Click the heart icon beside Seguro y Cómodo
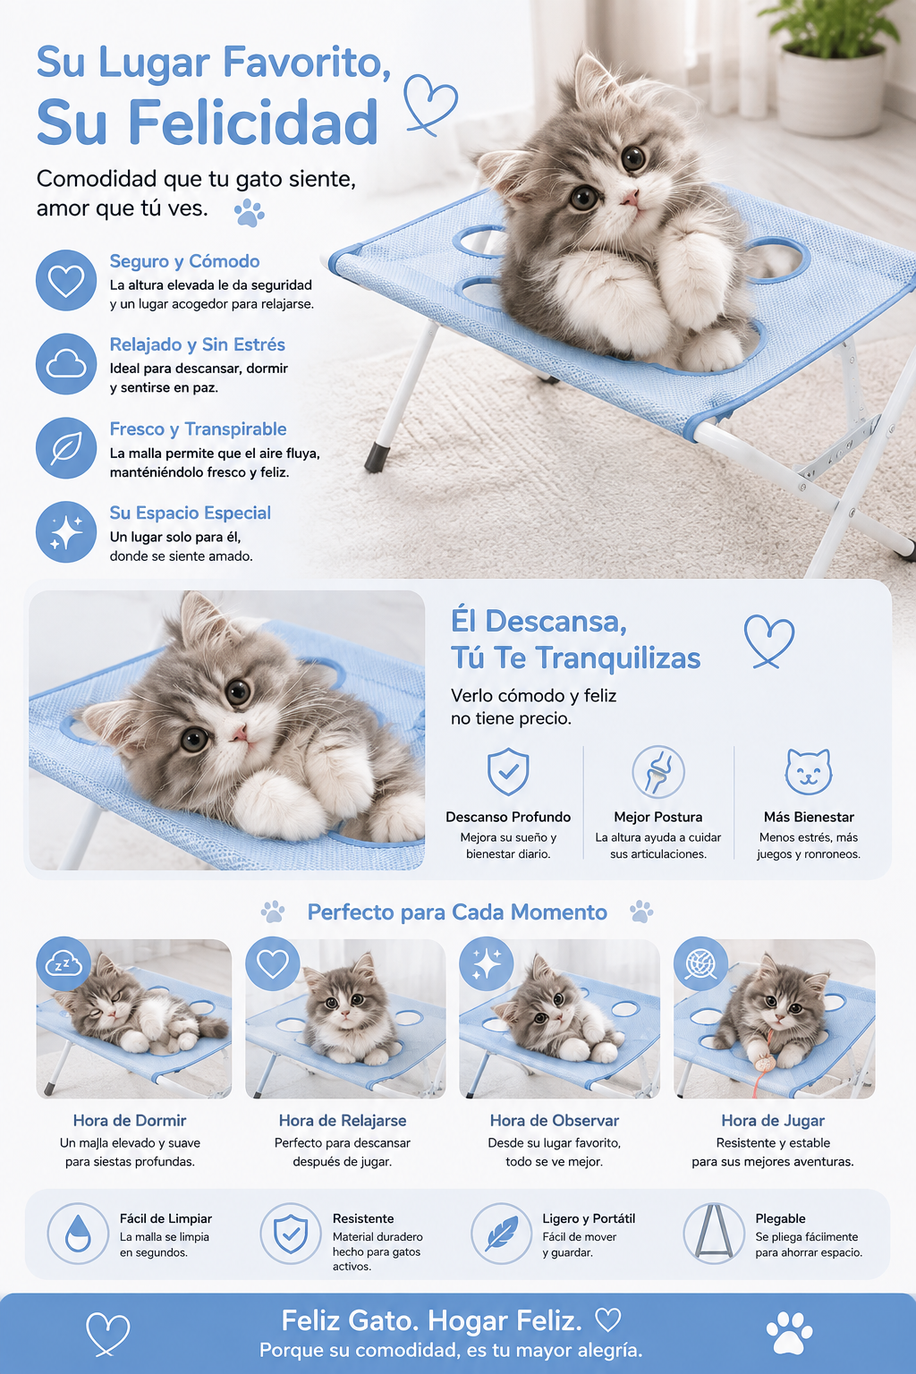point(66,280)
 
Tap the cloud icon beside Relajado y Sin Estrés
point(66,364)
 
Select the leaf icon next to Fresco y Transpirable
point(66,448)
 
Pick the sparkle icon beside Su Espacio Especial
point(66,532)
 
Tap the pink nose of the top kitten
point(630,198)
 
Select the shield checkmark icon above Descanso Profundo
point(508,771)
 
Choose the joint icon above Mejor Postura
point(658,771)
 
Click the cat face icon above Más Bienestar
point(809,771)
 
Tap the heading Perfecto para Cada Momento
point(457,912)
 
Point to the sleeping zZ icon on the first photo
point(64,963)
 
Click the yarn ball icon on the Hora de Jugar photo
point(700,963)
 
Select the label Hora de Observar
point(554,1121)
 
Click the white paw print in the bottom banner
point(790,1333)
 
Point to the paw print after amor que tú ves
point(249,212)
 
